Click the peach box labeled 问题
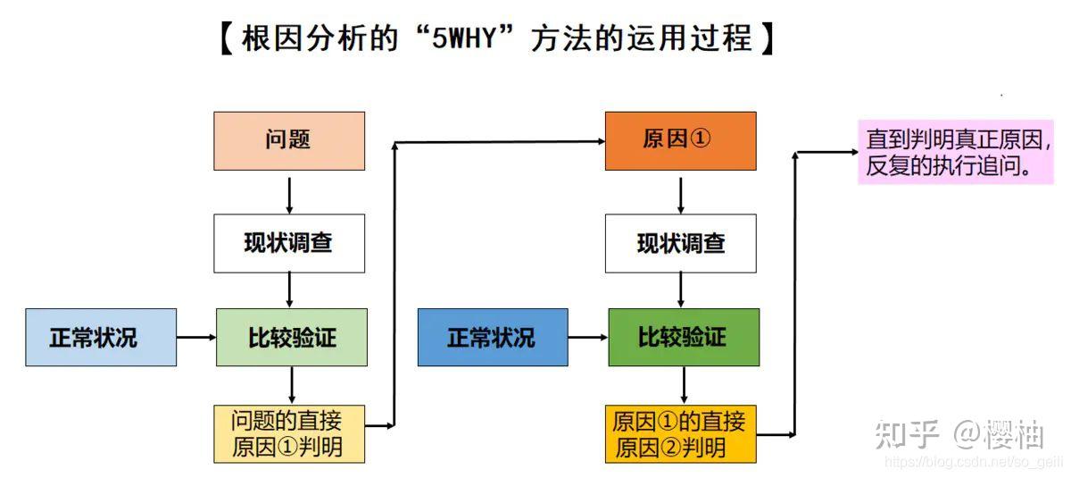289,140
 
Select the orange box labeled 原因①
680,140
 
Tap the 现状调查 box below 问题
289,243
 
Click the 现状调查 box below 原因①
680,243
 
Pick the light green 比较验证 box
292,337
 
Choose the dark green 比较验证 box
684,337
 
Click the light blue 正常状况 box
101,337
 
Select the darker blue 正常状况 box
492,337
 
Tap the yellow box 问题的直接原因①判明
289,433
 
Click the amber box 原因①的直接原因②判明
680,433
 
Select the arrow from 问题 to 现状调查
289,191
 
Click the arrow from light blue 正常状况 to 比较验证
196,337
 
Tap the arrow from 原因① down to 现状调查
681,191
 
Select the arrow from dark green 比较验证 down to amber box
684,385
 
